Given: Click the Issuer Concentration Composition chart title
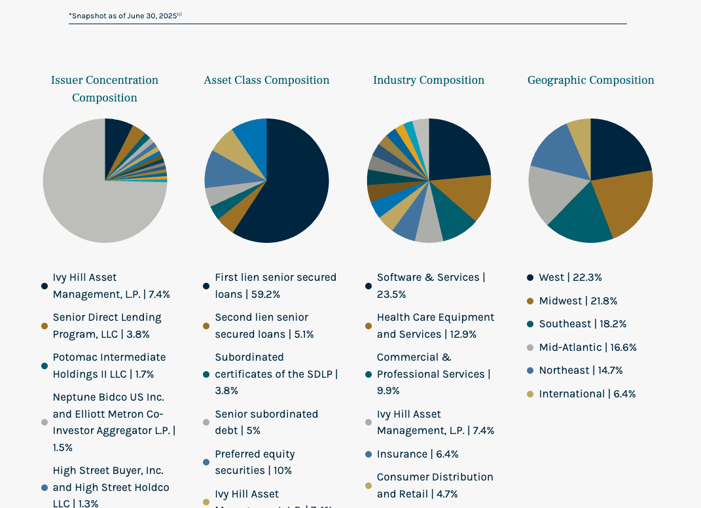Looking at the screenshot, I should click(105, 89).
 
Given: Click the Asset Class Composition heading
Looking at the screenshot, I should click(266, 81).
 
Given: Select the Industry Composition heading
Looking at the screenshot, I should click(429, 81).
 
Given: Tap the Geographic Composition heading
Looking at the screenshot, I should click(590, 81).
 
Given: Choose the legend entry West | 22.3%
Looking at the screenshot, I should click(570, 278).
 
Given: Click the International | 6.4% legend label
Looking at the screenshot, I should click(587, 394).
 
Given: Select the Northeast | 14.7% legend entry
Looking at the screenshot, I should click(581, 371).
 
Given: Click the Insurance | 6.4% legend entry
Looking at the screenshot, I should click(418, 454).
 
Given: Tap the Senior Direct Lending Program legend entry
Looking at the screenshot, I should click(107, 326).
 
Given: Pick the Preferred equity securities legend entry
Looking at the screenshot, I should click(255, 462).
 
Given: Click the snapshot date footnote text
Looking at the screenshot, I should click(124, 16).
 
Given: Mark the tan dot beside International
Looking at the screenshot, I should click(530, 394).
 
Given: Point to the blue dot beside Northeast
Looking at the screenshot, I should click(530, 371).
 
